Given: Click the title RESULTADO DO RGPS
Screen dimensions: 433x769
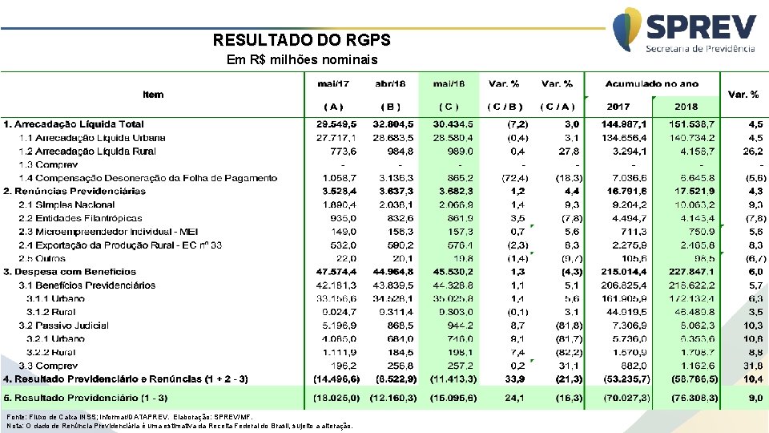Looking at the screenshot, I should pos(302,40).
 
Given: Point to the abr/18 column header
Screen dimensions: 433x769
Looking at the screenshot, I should pos(391,83).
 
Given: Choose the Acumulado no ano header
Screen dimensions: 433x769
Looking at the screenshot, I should pos(652,83).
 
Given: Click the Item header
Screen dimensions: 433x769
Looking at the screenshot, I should pos(153,95).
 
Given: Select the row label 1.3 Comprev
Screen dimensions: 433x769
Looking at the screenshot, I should pos(47,164).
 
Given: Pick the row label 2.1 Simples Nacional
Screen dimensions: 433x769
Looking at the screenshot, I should pos(66,204).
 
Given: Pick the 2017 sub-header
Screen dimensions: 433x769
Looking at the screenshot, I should pos(618,106).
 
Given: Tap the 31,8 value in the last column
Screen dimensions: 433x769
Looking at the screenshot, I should pos(755,365).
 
